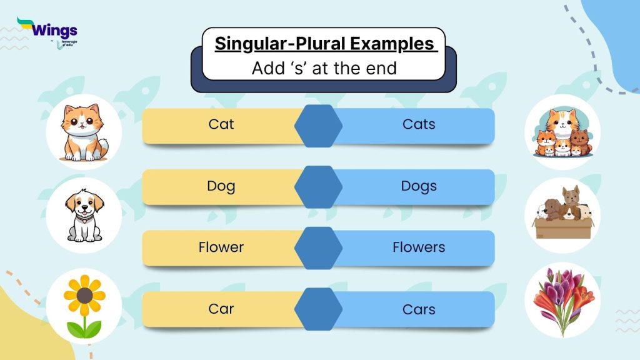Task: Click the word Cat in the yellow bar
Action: point(221,124)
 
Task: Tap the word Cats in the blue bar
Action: point(419,124)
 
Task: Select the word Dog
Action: point(221,186)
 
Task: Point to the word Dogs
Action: point(419,186)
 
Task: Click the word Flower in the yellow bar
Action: point(221,247)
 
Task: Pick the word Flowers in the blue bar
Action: point(419,247)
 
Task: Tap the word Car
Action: point(221,309)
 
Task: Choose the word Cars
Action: point(419,309)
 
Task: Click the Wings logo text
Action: point(54,30)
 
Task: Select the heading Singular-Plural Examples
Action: point(324,44)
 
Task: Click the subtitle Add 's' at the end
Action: point(324,68)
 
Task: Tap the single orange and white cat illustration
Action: point(84,133)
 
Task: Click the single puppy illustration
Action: point(84,216)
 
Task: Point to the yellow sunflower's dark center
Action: point(85,295)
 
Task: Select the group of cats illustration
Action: point(561,134)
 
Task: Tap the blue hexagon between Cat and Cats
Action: point(319,125)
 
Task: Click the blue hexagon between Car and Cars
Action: point(319,309)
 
